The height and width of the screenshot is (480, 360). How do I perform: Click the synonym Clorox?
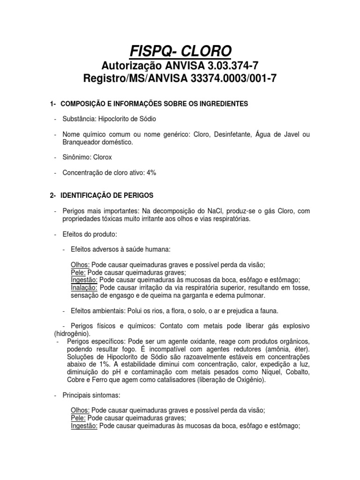(103, 157)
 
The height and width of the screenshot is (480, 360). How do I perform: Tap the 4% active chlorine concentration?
(151, 173)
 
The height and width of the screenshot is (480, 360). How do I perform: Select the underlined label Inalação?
(84, 287)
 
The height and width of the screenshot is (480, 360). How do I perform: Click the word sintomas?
(108, 395)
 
